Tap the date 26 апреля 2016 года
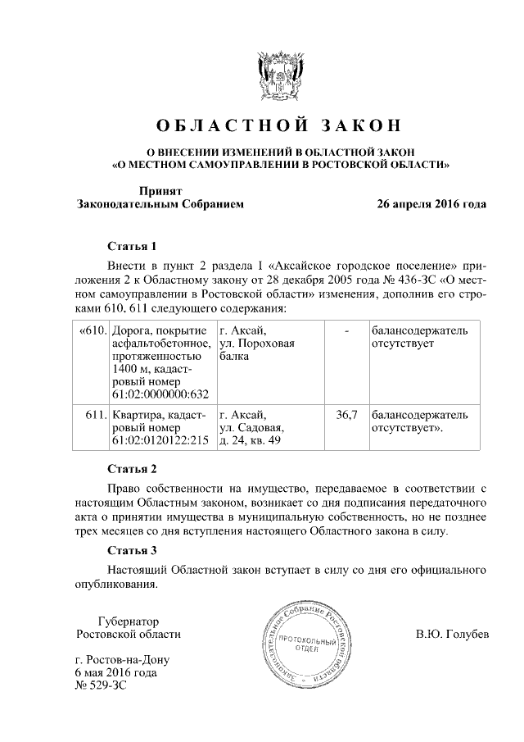(x=431, y=203)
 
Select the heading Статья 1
(x=132, y=246)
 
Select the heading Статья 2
(x=132, y=469)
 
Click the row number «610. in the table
(x=92, y=330)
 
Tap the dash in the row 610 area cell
(x=347, y=330)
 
